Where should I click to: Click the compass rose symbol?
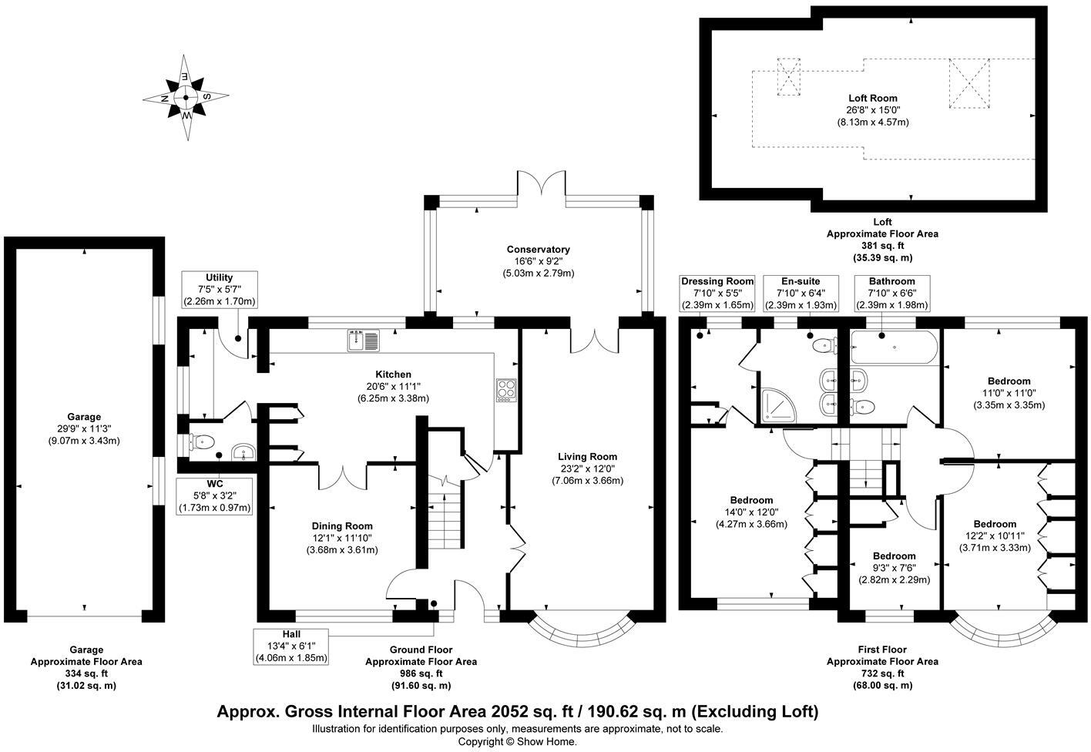coord(186,98)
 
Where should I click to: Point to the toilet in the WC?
coord(202,442)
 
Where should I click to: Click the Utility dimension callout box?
coord(220,290)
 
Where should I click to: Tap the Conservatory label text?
coord(538,260)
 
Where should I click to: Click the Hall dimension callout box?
coord(291,646)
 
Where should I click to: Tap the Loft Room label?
coord(873,109)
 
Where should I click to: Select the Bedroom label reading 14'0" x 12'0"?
coord(751,512)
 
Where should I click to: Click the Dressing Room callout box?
coord(717,293)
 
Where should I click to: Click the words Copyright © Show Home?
coord(517,741)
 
